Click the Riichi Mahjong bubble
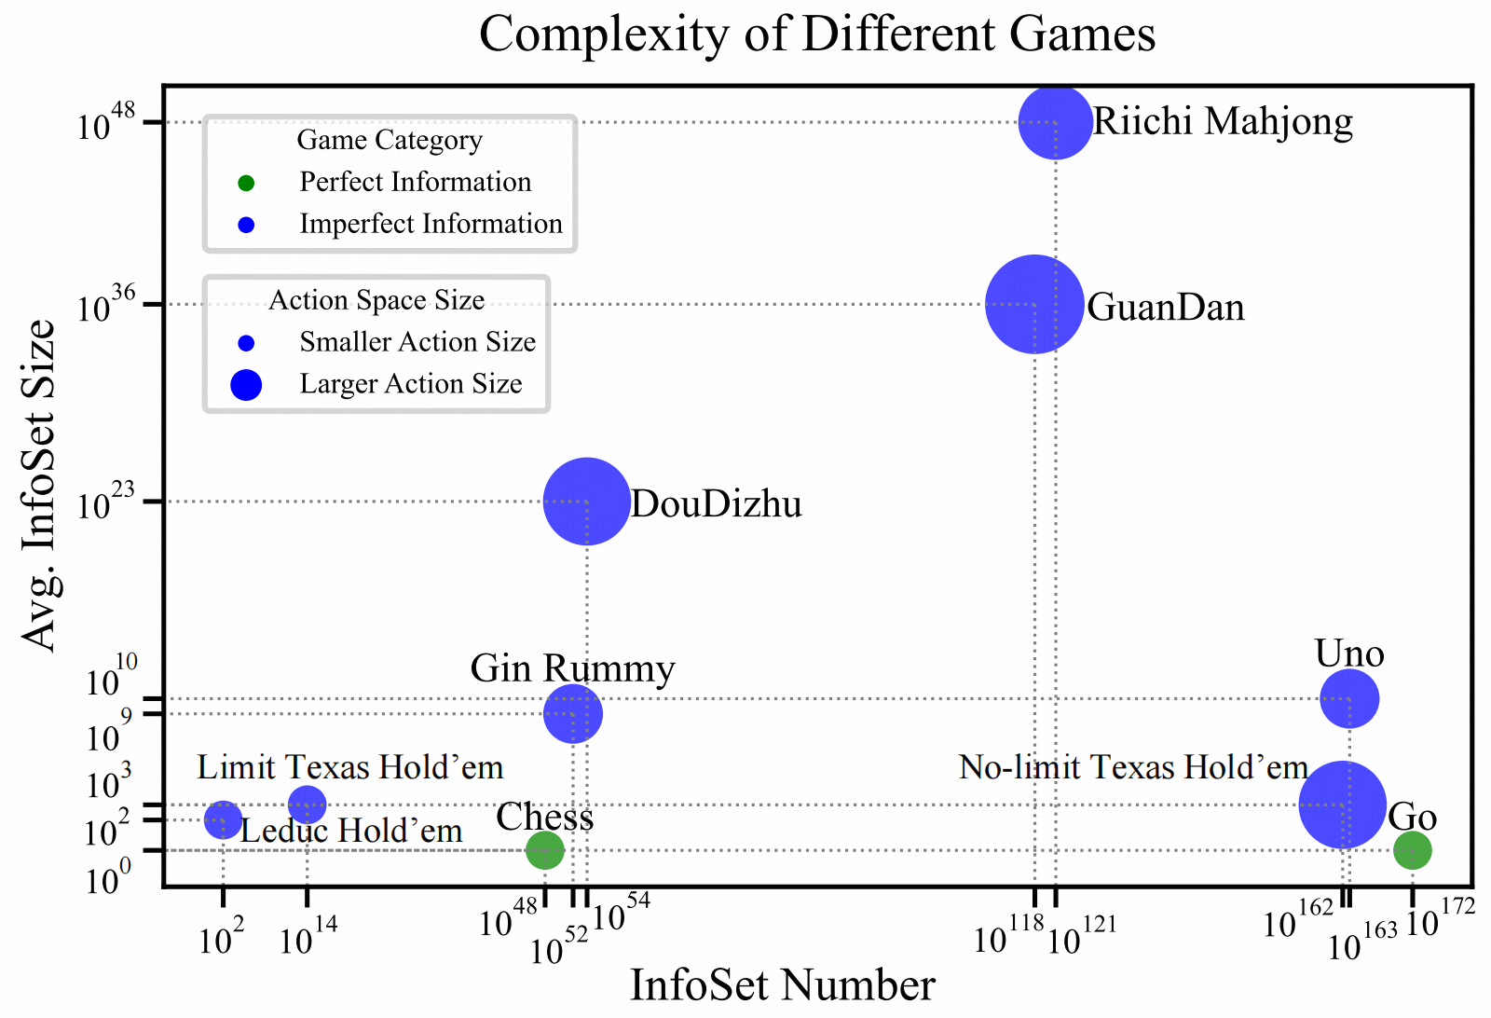tap(1055, 122)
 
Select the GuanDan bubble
tap(1034, 304)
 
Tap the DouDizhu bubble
tap(586, 502)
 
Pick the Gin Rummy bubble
tap(573, 713)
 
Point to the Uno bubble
tap(1349, 698)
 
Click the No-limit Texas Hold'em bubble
tap(1342, 805)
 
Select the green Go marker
tap(1412, 849)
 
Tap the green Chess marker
tap(545, 849)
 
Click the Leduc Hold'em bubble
tap(223, 820)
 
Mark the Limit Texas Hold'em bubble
tap(307, 803)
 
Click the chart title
tap(817, 35)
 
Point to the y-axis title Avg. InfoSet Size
tap(39, 485)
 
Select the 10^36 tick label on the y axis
tap(107, 306)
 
